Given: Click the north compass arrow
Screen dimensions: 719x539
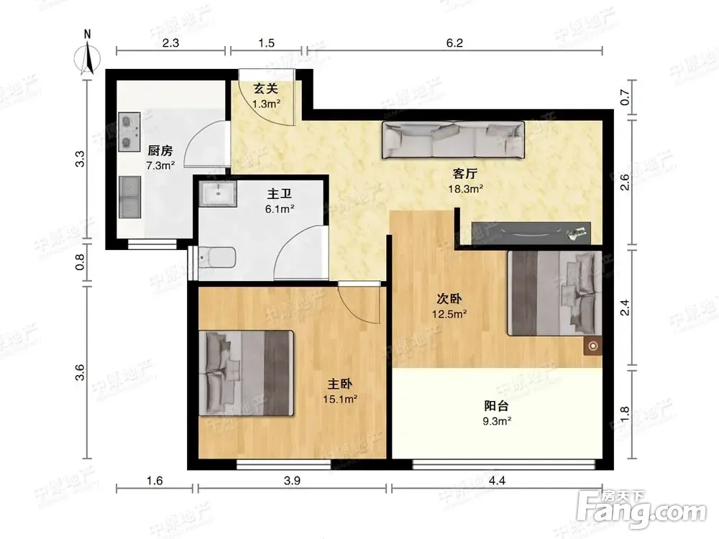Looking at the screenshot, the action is tap(88, 57).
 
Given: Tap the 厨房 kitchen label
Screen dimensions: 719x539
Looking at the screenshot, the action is tap(160, 150).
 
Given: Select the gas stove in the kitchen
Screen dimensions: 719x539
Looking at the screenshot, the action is tap(129, 132).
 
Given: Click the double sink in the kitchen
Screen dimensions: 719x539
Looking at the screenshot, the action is tap(129, 197).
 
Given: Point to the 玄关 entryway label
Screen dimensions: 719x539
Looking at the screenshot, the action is tap(266, 88).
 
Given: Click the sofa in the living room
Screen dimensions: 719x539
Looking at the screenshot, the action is tap(453, 140).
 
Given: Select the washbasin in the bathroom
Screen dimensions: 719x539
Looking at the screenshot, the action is tap(218, 193).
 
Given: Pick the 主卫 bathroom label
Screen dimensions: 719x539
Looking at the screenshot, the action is tap(280, 194).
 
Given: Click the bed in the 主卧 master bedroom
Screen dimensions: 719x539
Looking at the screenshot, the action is tap(246, 373).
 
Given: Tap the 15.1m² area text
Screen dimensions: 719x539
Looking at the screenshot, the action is tap(340, 399).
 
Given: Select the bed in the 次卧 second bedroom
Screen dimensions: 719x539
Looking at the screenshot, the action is tap(554, 293).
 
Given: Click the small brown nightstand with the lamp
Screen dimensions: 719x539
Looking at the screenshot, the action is tap(593, 346).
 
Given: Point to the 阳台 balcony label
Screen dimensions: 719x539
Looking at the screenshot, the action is tap(497, 405).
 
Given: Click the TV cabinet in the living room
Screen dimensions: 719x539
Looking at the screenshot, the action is tap(531, 232).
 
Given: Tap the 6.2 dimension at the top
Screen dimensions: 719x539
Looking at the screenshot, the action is tap(454, 43).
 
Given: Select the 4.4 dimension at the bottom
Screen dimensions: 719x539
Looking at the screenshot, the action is tap(497, 480).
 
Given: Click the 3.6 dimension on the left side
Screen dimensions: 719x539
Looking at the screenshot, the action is tap(80, 372).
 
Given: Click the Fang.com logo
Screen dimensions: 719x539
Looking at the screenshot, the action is tap(641, 510).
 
